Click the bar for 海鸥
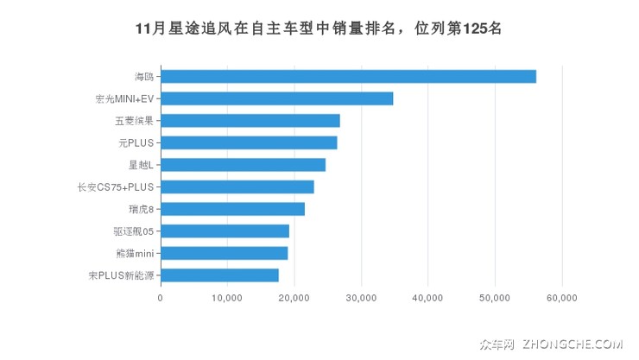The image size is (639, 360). [348, 76]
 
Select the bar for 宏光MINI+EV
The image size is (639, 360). [276, 98]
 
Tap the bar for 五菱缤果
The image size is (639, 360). [250, 120]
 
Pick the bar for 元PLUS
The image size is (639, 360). [249, 142]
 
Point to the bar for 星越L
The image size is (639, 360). [243, 165]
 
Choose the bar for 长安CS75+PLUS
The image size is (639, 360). [237, 186]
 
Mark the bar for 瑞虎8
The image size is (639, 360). [232, 209]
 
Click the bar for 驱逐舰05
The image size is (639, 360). [225, 231]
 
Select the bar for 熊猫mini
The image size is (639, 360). [224, 253]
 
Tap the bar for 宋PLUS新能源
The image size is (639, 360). [219, 275]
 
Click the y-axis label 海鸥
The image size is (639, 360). [143, 77]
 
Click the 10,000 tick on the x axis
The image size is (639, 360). [227, 298]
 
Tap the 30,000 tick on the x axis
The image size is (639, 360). [361, 298]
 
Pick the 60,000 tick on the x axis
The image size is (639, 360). [562, 298]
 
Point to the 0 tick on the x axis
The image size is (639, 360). [161, 298]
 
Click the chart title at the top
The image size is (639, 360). [319, 28]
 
